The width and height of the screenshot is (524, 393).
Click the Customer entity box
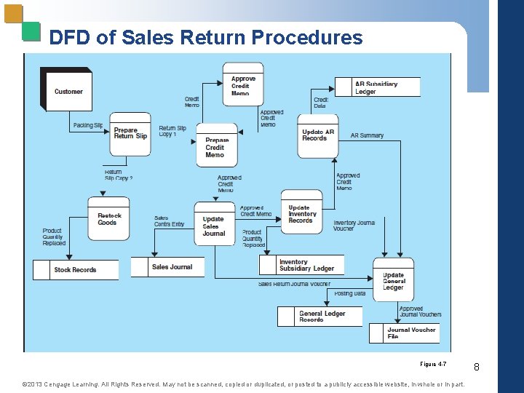pos(68,91)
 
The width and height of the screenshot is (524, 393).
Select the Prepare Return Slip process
pos(130,134)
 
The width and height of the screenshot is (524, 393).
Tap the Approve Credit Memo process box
pos(243,84)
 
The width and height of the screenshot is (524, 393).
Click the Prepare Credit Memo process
pos(216,147)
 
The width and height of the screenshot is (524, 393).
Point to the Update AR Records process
pos(318,135)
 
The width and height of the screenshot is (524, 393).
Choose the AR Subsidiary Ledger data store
pos(377,87)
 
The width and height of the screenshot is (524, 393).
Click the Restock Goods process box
pos(108,218)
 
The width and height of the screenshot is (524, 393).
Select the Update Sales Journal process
pos(214,226)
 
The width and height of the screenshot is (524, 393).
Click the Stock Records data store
pos(75,270)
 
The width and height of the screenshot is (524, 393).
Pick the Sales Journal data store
pos(172,267)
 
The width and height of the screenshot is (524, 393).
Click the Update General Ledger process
pos(393,281)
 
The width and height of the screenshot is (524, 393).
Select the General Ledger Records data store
pos(322,317)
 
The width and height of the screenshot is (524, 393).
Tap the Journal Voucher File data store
pos(412,333)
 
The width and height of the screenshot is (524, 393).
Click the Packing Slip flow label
pos(88,125)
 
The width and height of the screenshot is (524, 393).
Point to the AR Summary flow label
pos(367,135)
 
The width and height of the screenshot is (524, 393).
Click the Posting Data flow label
pos(350,293)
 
